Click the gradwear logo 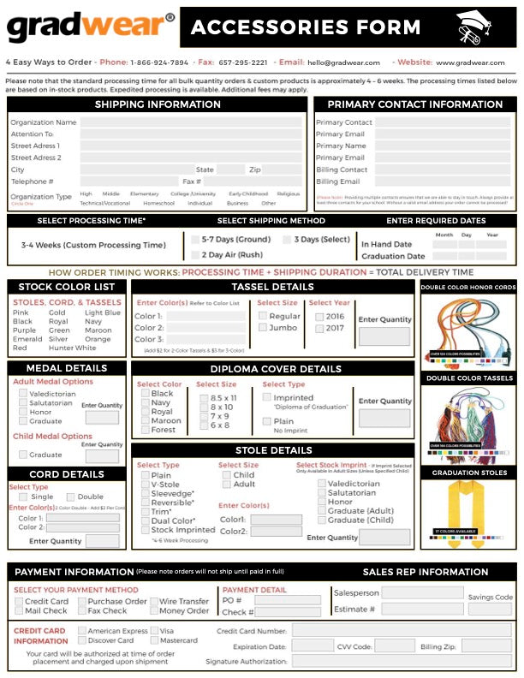[90, 27]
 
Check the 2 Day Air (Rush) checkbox [195, 254]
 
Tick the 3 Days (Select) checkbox [288, 240]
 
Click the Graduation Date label [393, 256]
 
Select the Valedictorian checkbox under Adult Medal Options [23, 393]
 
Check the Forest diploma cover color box [145, 430]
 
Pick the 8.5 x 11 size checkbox [204, 398]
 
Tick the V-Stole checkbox [145, 485]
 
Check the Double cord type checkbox [70, 497]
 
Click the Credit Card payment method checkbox [18, 602]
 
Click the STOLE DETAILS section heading [273, 450]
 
